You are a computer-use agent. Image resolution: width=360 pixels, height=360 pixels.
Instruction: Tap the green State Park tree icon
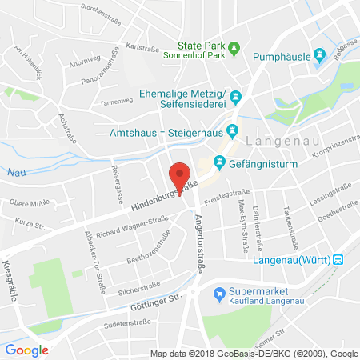(234, 50)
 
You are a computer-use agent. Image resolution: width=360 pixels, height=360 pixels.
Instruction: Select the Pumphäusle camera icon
(319, 54)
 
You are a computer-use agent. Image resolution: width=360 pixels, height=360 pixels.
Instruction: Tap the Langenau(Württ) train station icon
(338, 259)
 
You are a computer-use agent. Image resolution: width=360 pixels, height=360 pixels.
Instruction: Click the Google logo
(27, 350)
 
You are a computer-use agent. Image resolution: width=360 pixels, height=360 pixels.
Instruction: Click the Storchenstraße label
(118, 11)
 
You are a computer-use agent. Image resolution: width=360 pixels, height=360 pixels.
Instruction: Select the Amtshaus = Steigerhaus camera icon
(232, 130)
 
